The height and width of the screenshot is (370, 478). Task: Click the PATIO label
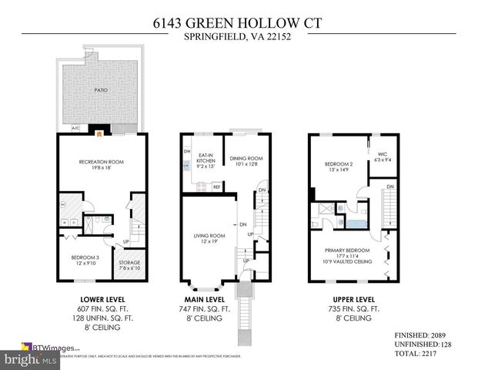click(x=102, y=90)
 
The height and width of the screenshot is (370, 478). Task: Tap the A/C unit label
click(x=75, y=128)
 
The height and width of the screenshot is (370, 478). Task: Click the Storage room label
click(x=129, y=265)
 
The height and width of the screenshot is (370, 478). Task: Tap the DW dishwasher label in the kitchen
click(x=186, y=151)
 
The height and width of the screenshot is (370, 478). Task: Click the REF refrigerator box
click(x=217, y=187)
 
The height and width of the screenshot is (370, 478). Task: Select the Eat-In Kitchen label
click(x=206, y=160)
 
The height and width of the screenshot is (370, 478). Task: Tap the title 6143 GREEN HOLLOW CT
click(x=239, y=24)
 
